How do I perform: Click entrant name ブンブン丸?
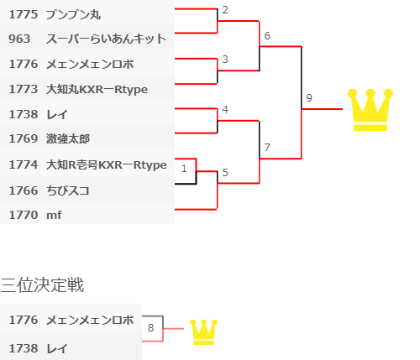pyautogui.click(x=73, y=14)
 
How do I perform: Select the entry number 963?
pyautogui.click(x=19, y=39)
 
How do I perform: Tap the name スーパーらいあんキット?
pyautogui.click(x=106, y=39)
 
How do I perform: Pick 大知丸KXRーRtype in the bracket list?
pyautogui.click(x=97, y=90)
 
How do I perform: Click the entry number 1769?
pyautogui.click(x=24, y=138)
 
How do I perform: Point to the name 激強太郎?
pyautogui.click(x=68, y=138)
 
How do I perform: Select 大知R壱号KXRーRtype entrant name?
pyautogui.click(x=107, y=164)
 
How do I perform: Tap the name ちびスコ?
pyautogui.click(x=68, y=190)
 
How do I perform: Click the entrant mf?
pyautogui.click(x=54, y=215)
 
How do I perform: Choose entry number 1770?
pyautogui.click(x=24, y=215)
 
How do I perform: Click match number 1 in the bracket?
pyautogui.click(x=184, y=169)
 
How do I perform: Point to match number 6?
pyautogui.click(x=267, y=36)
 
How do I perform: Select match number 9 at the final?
pyautogui.click(x=309, y=98)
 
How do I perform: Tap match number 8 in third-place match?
pyautogui.click(x=151, y=328)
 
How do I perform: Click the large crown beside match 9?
pyautogui.click(x=370, y=110)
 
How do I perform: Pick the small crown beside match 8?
pyautogui.click(x=203, y=332)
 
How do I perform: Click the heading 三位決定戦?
pyautogui.click(x=42, y=285)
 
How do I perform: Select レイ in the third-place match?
pyautogui.click(x=57, y=348)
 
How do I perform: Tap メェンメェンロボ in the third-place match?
pyautogui.click(x=90, y=320)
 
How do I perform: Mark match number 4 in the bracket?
pyautogui.click(x=225, y=110)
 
